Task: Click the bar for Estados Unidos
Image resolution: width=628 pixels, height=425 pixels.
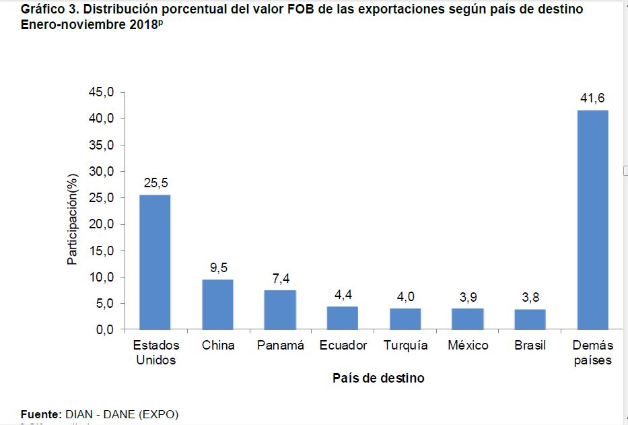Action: click(x=155, y=263)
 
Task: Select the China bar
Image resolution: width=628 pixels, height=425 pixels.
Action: click(x=217, y=304)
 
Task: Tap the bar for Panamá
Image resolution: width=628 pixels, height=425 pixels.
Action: click(x=280, y=310)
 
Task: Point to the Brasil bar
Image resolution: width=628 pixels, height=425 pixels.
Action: click(x=530, y=319)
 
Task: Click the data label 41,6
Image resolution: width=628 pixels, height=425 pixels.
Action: click(x=592, y=99)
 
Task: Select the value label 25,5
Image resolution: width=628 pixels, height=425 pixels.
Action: click(x=155, y=184)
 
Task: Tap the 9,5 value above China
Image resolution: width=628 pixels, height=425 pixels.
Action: click(x=218, y=268)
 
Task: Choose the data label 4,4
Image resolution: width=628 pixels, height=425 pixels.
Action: click(x=343, y=295)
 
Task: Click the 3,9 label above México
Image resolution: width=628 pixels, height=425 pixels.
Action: click(x=468, y=297)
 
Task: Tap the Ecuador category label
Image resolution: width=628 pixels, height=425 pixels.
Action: click(x=343, y=346)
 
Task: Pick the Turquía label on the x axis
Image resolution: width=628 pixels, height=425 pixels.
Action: click(x=405, y=346)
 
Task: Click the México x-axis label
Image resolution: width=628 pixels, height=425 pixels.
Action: click(x=468, y=346)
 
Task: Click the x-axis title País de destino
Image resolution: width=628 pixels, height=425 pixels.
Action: click(x=378, y=378)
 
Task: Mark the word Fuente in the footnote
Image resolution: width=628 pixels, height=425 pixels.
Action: click(x=41, y=414)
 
